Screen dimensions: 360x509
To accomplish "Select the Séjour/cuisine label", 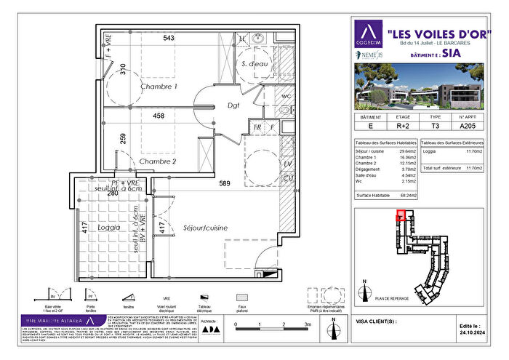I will (x=205, y=228).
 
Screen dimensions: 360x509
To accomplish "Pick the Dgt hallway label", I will (x=233, y=105).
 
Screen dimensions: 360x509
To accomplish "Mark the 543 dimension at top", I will (x=169, y=38).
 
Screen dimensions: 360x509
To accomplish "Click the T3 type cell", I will (x=436, y=125).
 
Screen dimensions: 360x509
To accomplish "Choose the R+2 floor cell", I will (x=402, y=125).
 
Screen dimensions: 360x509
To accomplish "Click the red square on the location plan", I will (x=400, y=215).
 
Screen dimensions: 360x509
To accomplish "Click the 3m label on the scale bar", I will (x=308, y=325).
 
